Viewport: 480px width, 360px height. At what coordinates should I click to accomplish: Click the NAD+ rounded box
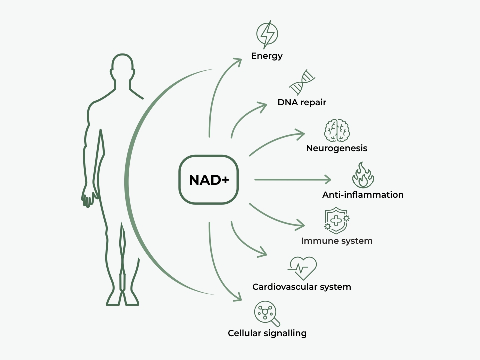point(209,180)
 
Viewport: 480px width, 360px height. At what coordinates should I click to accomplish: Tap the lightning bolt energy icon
point(267,33)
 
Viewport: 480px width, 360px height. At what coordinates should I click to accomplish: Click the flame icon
point(363,174)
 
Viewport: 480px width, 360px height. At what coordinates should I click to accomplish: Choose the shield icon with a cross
point(337,220)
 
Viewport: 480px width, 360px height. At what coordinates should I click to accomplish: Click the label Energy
point(267,56)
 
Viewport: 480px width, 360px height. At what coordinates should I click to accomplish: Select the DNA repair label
point(302,103)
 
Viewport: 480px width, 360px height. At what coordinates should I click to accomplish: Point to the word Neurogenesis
point(337,148)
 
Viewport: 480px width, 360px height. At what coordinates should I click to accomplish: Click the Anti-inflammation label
point(363,195)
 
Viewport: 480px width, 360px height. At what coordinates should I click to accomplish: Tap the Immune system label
point(337,241)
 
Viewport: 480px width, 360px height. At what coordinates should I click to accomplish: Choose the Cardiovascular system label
point(302,287)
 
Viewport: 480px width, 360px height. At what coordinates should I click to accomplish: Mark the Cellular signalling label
point(267,333)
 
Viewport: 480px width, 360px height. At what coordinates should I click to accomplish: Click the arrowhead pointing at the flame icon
point(328,179)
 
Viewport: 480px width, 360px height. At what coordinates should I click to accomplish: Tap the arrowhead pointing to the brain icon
point(301,134)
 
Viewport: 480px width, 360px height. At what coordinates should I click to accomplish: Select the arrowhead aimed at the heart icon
point(263,253)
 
